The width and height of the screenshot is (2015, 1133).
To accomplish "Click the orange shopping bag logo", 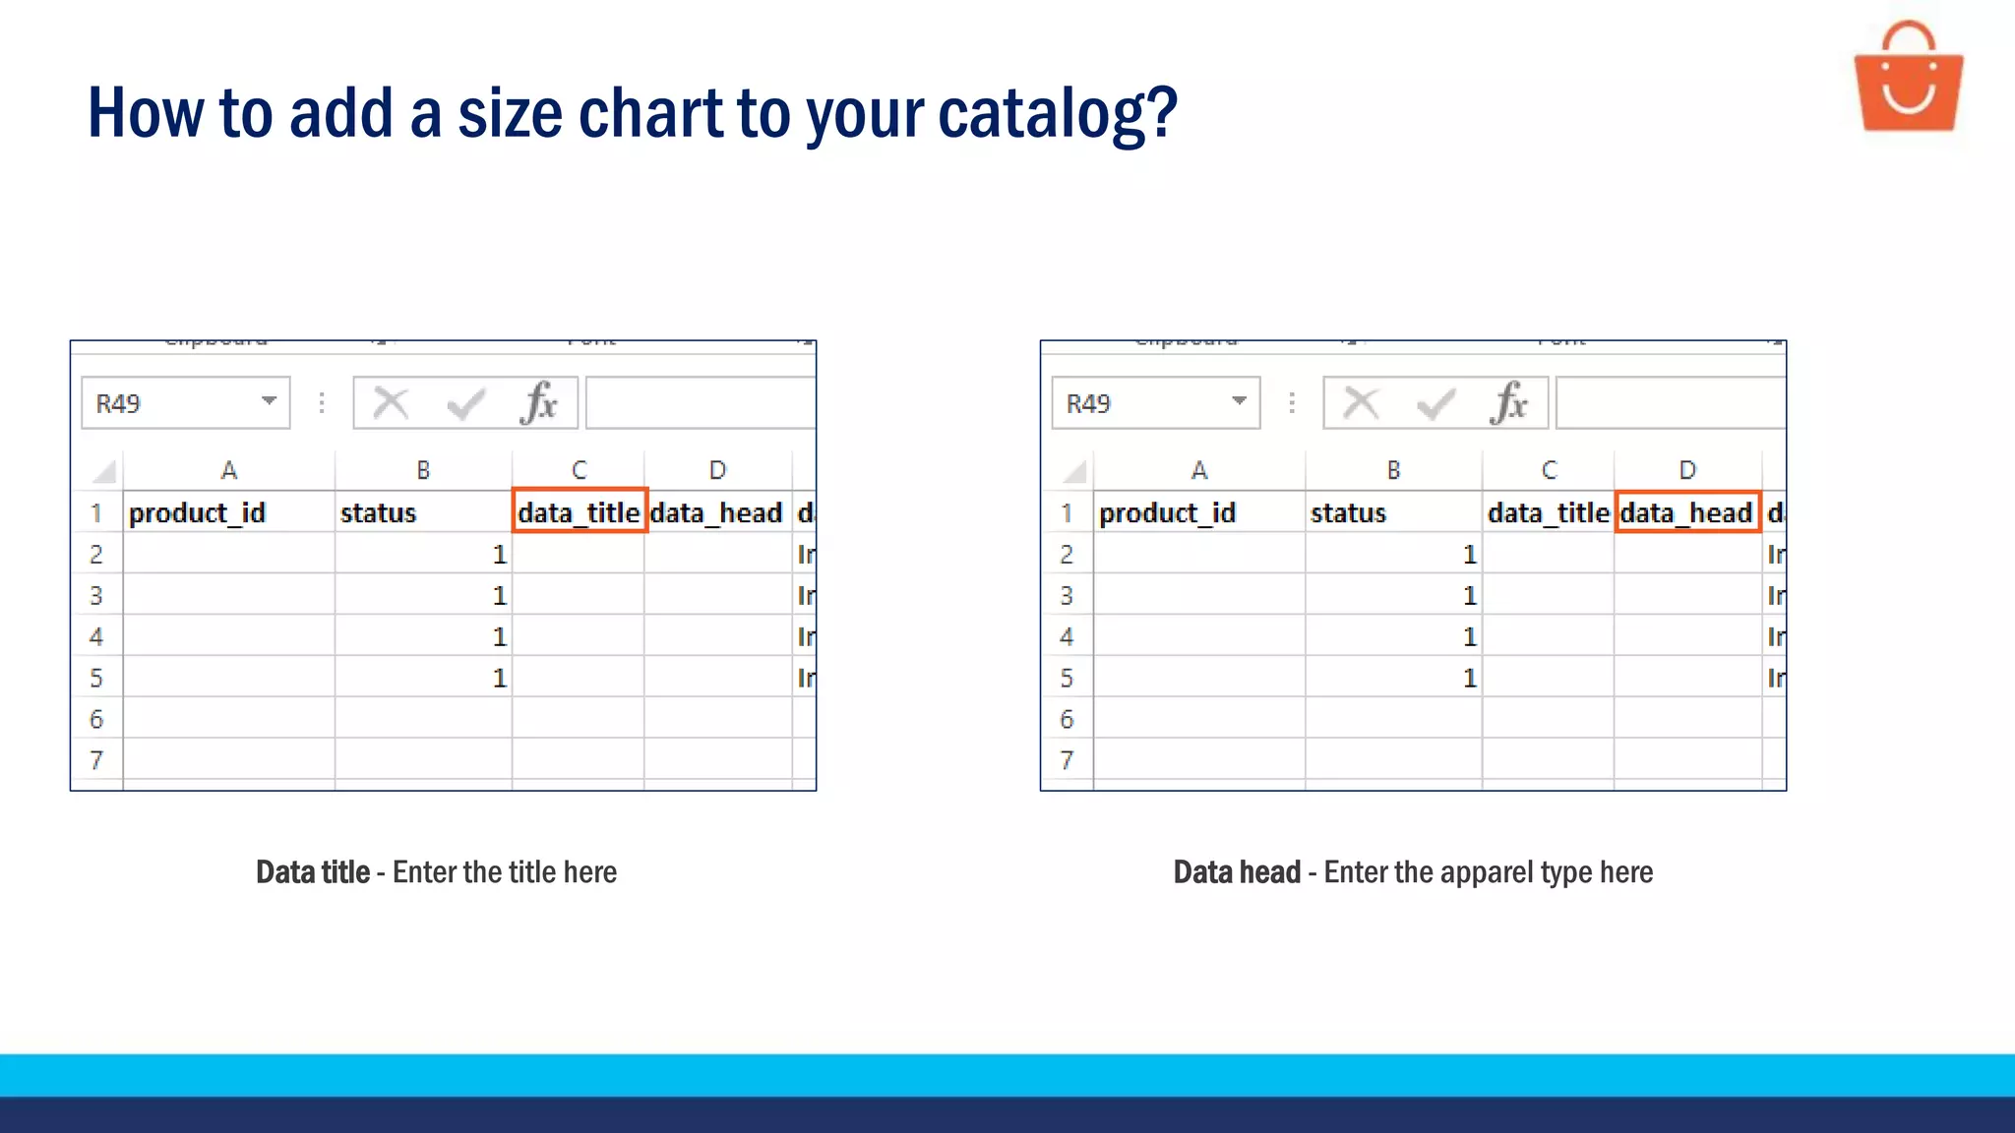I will [1908, 79].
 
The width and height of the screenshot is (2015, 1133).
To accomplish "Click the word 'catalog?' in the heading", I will [1057, 113].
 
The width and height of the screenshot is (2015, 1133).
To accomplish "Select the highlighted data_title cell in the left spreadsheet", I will [580, 512].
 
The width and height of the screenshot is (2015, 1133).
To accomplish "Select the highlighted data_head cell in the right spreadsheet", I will [1687, 512].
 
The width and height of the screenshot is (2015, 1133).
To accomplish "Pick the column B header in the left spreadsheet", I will [423, 470].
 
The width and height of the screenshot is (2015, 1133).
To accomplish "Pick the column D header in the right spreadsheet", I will [1687, 470].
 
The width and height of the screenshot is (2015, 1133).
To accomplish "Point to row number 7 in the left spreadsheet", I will [96, 759].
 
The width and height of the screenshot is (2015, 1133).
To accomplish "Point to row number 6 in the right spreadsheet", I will [1067, 719].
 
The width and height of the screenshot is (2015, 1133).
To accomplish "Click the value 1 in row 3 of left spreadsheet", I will [500, 596].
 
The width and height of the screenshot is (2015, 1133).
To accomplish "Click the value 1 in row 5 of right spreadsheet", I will [1470, 679].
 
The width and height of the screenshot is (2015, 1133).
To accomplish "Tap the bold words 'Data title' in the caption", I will [313, 872].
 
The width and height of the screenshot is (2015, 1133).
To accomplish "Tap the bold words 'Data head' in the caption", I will [1237, 872].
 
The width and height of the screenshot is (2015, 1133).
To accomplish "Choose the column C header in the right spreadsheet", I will [1549, 470].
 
